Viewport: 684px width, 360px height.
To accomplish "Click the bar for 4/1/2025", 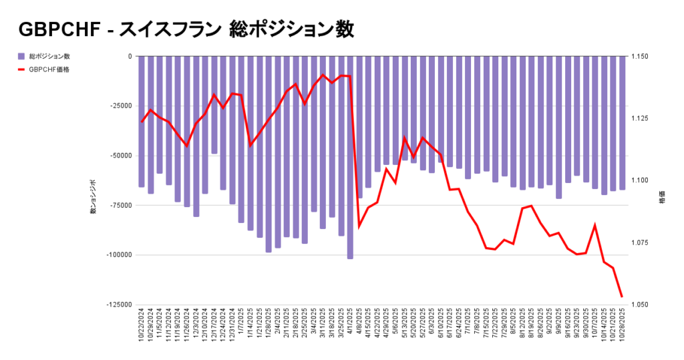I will [350, 157].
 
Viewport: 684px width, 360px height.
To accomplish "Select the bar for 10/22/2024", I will [142, 122].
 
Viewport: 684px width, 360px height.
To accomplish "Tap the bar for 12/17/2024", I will [214, 105].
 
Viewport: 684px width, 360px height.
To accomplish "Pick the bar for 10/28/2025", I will [622, 123].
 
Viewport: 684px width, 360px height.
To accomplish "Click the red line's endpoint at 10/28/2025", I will [622, 297].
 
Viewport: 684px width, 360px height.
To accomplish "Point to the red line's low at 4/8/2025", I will [359, 226].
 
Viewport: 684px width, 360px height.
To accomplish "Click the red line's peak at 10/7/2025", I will [594, 226].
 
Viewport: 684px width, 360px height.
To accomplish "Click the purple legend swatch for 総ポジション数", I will [22, 56].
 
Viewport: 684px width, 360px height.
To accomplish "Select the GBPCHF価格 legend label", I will [49, 69].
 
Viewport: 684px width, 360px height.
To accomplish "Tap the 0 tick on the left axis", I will [130, 57].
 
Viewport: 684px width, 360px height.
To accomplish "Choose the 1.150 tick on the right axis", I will [639, 57].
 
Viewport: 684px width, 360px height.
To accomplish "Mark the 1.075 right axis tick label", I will [639, 242].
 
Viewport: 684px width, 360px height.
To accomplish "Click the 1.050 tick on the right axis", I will [639, 305].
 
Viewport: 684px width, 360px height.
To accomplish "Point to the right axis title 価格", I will [662, 199].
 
